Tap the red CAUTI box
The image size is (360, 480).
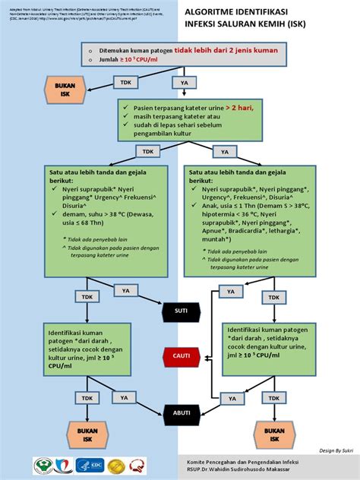(x=181, y=355)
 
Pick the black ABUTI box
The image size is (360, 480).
(x=181, y=412)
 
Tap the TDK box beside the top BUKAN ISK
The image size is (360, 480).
(x=126, y=81)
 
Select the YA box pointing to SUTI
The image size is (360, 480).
(x=125, y=290)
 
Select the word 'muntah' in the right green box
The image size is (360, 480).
(x=216, y=238)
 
